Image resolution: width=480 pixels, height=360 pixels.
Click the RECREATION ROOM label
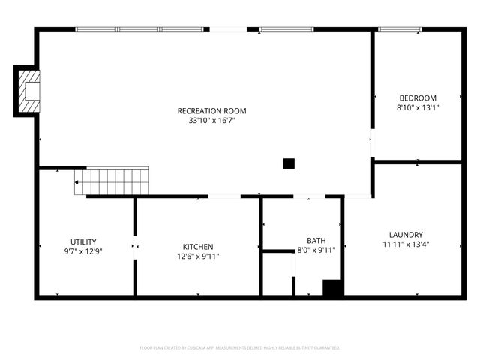211,111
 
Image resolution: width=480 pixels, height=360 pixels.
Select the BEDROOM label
418,98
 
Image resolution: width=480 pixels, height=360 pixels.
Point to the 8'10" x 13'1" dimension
418,107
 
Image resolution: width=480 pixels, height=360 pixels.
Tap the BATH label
316,241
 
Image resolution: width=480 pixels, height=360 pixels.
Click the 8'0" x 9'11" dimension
316,250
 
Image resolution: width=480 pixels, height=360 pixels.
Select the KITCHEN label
198,247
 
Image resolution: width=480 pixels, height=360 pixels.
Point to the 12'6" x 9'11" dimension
198,256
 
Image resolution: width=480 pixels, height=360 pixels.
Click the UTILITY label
83,241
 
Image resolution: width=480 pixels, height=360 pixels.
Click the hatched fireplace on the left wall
28,91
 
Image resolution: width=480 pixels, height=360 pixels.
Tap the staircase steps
112,181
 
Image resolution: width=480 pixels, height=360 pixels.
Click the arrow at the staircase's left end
77,181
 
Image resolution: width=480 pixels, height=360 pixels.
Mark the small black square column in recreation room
289,163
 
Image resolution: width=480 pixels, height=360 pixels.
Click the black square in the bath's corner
332,287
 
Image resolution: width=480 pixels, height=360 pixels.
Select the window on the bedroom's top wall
400,30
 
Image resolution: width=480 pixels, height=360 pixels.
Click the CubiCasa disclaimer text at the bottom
240,348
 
